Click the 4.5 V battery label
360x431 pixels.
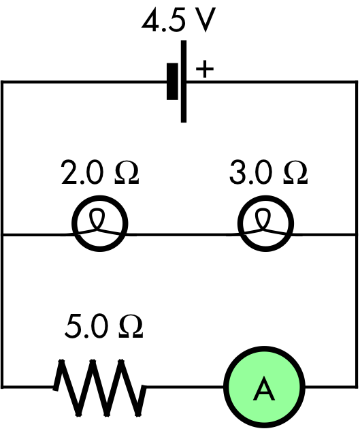click(x=178, y=20)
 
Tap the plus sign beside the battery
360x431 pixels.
click(x=204, y=69)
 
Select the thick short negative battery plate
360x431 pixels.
click(x=172, y=81)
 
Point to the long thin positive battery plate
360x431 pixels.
click(x=184, y=81)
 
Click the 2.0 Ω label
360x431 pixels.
click(x=100, y=172)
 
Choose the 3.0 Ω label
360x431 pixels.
click(x=269, y=172)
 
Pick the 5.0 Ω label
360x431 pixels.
click(x=104, y=326)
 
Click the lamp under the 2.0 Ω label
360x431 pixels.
click(x=100, y=223)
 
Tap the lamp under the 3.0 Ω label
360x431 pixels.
click(x=265, y=223)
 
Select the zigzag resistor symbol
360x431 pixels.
click(x=100, y=387)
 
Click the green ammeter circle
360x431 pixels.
click(x=264, y=387)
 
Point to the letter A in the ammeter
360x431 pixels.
click(x=264, y=388)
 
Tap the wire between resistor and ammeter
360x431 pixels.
click(x=185, y=387)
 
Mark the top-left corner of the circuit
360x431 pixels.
click(x=2, y=82)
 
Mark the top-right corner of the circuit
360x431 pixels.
click(x=357, y=82)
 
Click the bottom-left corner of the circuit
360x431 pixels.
click(x=2, y=387)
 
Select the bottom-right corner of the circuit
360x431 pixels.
click(x=357, y=387)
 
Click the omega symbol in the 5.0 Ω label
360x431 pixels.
click(x=131, y=326)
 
